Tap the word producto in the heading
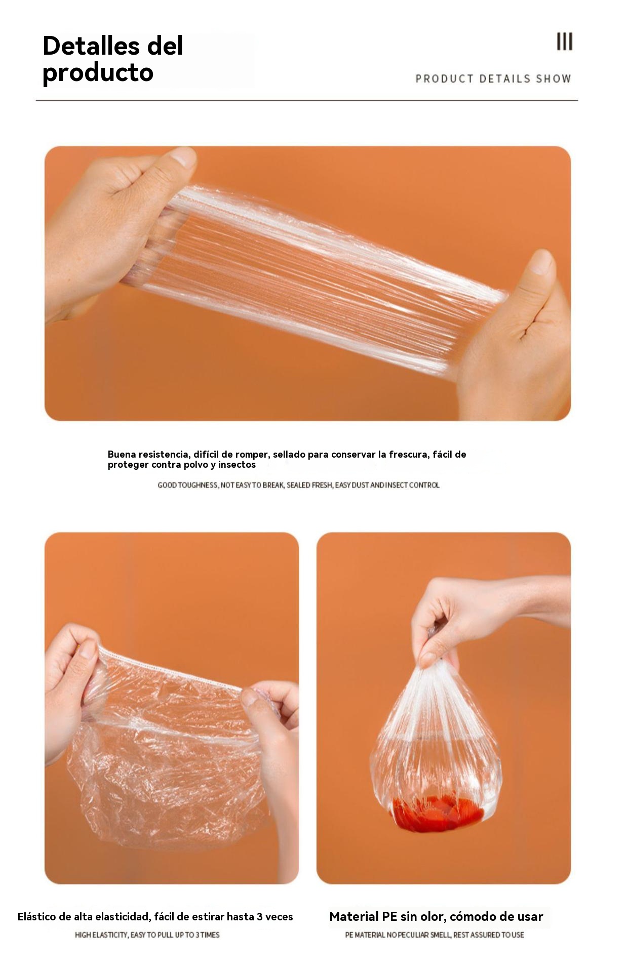pyautogui.click(x=98, y=72)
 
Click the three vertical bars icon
pyautogui.click(x=565, y=42)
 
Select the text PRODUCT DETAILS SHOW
pyautogui.click(x=493, y=78)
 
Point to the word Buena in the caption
pyautogui.click(x=122, y=454)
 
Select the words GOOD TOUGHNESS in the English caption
pyautogui.click(x=187, y=485)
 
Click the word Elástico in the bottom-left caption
pyautogui.click(x=37, y=916)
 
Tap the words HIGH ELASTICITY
pyautogui.click(x=101, y=935)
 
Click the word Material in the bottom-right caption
pyautogui.click(x=354, y=916)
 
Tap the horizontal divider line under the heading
pyautogui.click(x=307, y=100)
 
